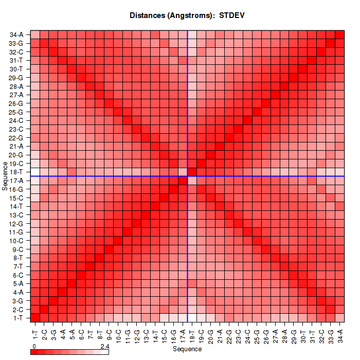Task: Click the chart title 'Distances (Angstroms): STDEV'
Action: click(187, 15)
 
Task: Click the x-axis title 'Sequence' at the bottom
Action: click(187, 349)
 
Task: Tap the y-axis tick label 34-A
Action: click(16, 34)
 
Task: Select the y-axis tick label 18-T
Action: click(16, 172)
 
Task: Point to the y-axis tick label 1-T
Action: click(17, 318)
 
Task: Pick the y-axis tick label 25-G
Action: click(16, 112)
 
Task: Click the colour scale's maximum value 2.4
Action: click(105, 347)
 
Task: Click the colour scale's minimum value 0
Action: click(33, 347)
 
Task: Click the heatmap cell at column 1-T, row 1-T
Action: click(35, 318)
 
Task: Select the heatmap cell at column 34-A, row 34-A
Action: click(340, 34)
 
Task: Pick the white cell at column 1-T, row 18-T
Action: click(35, 172)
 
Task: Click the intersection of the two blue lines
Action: click(188, 176)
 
